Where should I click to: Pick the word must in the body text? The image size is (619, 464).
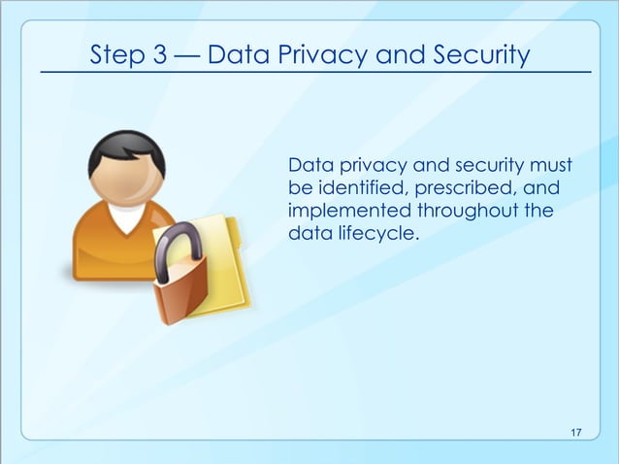tap(550, 164)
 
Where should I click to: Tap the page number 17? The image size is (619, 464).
tap(576, 431)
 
